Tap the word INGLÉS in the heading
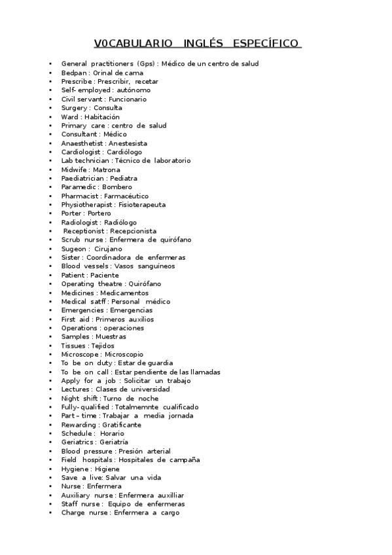pyautogui.click(x=202, y=44)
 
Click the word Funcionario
pyautogui.click(x=128, y=99)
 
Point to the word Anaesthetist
pyautogui.click(x=82, y=143)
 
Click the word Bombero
pyautogui.click(x=117, y=187)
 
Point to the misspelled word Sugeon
pyautogui.click(x=73, y=249)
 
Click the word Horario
pyautogui.click(x=112, y=433)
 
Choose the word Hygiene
pyautogui.click(x=75, y=469)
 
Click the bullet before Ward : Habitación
pyautogui.click(x=50, y=116)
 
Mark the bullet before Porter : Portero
pyautogui.click(x=50, y=213)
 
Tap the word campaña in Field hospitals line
pyautogui.click(x=185, y=460)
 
